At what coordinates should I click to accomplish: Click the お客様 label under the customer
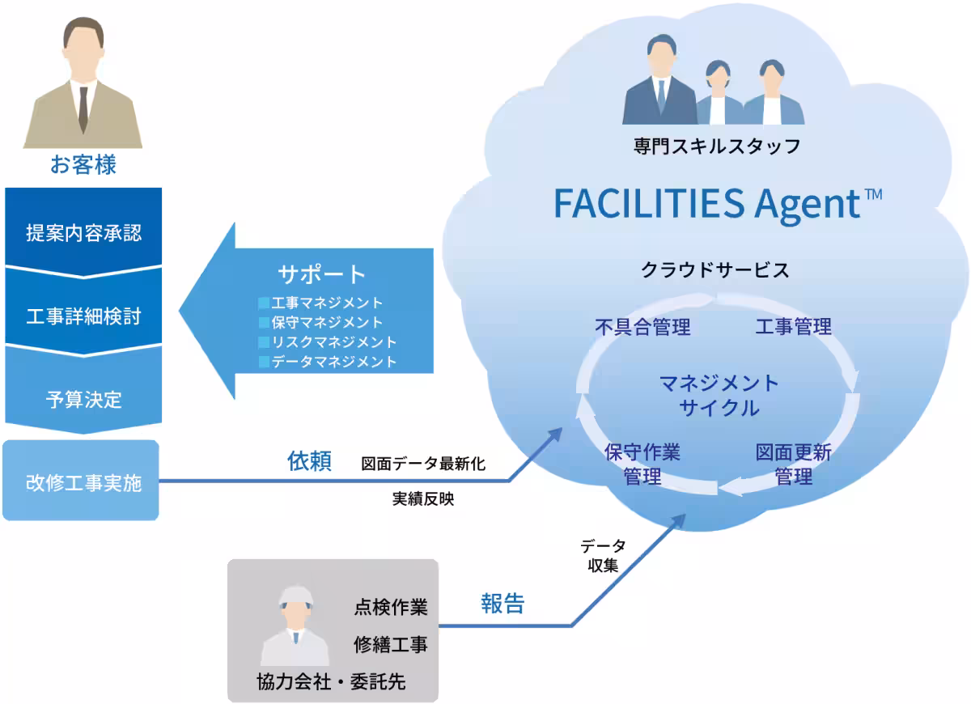pyautogui.click(x=83, y=165)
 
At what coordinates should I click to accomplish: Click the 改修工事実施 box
pyautogui.click(x=81, y=481)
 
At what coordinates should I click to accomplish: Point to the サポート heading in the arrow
pyautogui.click(x=321, y=274)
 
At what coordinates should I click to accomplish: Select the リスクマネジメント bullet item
pyautogui.click(x=327, y=342)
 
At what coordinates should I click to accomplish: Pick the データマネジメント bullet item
pyautogui.click(x=327, y=362)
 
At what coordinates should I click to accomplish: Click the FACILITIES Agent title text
pyautogui.click(x=718, y=204)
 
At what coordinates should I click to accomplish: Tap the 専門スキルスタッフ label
pyautogui.click(x=717, y=146)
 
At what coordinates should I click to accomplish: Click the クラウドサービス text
pyautogui.click(x=714, y=270)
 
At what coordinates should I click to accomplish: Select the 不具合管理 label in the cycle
pyautogui.click(x=642, y=327)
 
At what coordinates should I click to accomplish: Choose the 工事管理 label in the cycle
pyautogui.click(x=793, y=326)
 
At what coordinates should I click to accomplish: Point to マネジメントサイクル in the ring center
pyautogui.click(x=719, y=396)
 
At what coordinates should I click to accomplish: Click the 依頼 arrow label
pyautogui.click(x=309, y=460)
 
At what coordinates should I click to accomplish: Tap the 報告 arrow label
pyautogui.click(x=502, y=604)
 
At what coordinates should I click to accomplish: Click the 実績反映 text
pyautogui.click(x=423, y=499)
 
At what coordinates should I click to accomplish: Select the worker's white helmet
pyautogui.click(x=296, y=596)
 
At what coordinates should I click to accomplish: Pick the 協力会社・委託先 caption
pyautogui.click(x=331, y=682)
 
